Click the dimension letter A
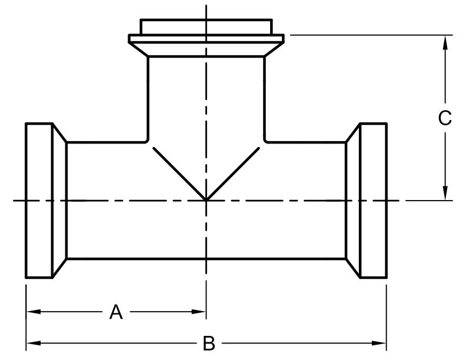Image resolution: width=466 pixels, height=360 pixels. coord(116,312)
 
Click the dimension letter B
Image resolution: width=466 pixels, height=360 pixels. coord(209,344)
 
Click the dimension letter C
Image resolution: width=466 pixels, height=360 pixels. coord(445,118)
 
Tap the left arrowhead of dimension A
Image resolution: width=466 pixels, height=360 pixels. coord(34,312)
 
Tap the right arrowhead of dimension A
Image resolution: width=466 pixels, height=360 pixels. coord(198,312)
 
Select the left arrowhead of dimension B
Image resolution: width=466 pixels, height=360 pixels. coord(34,343)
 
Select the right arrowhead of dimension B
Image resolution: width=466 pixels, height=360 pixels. coord(379,343)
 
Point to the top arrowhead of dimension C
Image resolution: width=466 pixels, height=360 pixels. coord(445,42)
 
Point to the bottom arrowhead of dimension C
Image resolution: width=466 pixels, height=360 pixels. coord(445,193)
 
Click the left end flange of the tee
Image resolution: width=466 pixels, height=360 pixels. coord(39,200)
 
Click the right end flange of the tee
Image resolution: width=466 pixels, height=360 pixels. coord(374,200)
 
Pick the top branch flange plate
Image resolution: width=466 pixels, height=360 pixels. coord(207,39)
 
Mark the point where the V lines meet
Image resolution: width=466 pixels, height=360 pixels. coord(206,200)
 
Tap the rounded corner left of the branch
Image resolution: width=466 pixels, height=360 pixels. coord(147,141)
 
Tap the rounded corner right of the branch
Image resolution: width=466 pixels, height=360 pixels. coord(266,141)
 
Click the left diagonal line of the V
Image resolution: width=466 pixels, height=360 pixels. coord(179,174)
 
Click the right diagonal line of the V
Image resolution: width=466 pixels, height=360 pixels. coord(232,174)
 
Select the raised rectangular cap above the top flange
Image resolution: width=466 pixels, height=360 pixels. coord(207,26)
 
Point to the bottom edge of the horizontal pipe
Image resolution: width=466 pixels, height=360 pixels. coord(207,259)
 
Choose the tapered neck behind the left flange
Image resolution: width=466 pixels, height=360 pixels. coord(59,200)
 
